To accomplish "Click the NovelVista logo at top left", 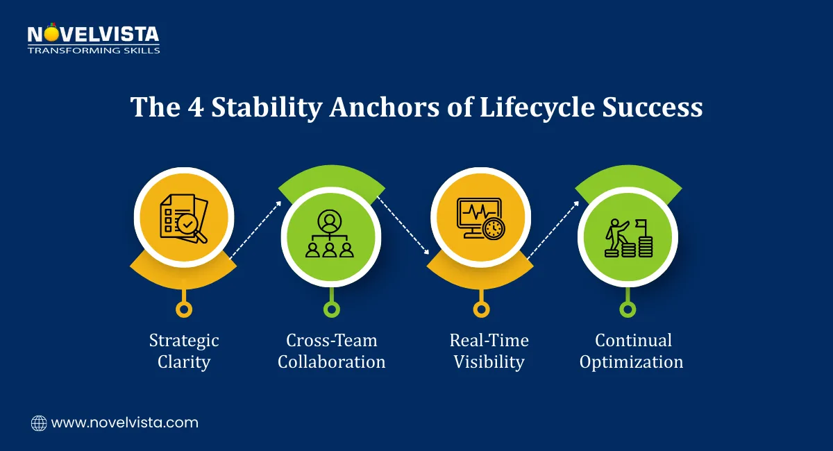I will click(93, 35).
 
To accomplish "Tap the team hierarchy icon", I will click(331, 235).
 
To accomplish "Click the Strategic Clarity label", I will click(184, 351).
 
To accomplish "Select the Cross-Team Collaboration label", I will click(332, 351).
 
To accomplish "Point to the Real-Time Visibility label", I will click(489, 351).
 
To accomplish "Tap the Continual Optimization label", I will click(632, 351).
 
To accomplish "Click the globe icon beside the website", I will click(39, 423).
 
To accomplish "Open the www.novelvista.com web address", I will click(124, 423).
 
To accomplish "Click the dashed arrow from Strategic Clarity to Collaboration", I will click(255, 230).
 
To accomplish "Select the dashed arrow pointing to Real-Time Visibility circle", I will click(403, 226).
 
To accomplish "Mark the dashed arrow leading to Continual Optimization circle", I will click(553, 230).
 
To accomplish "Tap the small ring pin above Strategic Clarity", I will click(184, 309).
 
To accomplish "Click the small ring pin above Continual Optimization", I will click(628, 309).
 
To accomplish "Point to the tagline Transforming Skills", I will click(93, 50).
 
